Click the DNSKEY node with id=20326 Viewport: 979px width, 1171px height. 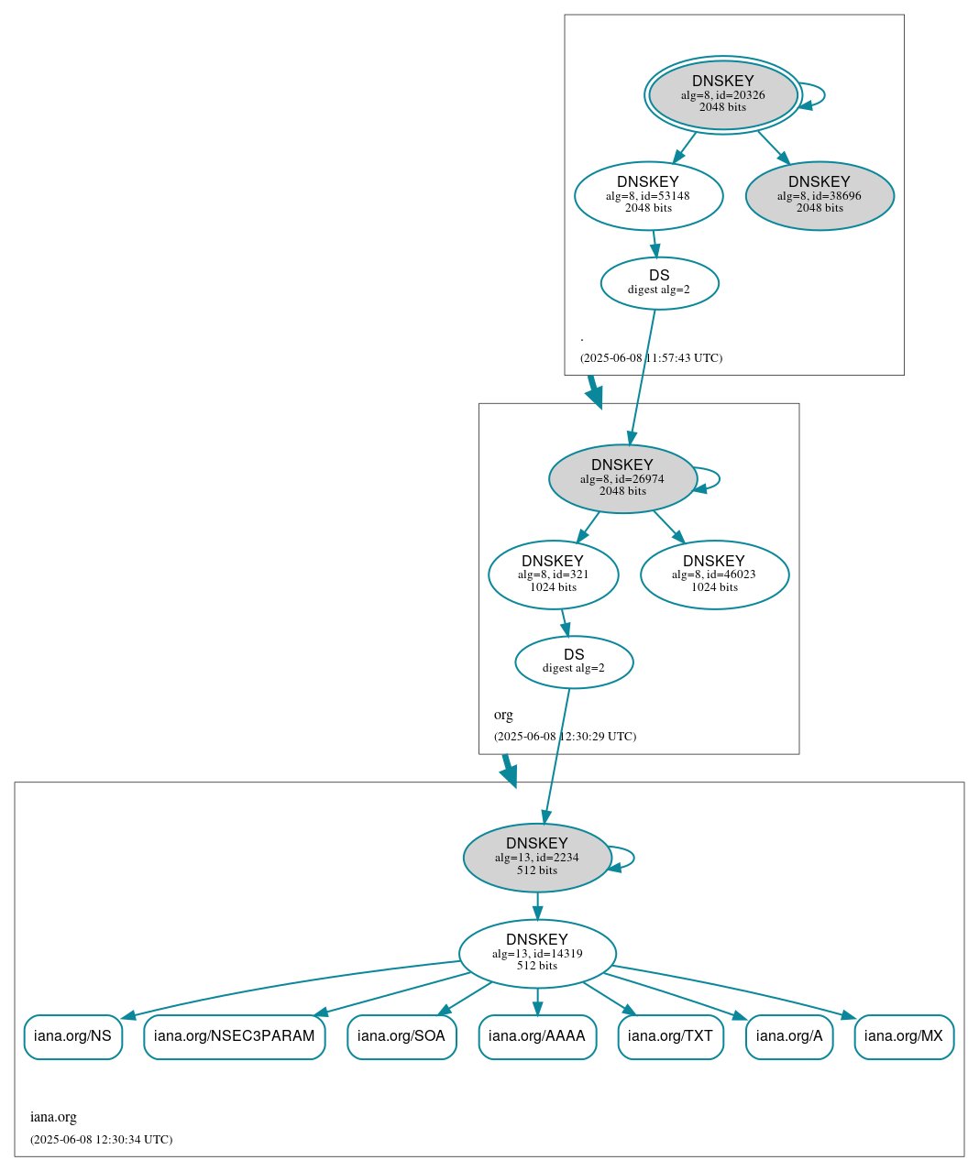click(722, 94)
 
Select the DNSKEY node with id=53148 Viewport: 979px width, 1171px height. click(648, 195)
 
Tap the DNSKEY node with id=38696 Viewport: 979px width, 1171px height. click(819, 195)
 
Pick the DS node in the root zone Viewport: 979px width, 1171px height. click(659, 283)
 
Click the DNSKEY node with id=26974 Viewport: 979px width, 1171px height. click(622, 478)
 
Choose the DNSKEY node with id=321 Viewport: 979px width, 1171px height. click(553, 575)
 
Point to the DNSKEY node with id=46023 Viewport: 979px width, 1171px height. click(714, 575)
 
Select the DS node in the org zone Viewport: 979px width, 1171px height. click(574, 662)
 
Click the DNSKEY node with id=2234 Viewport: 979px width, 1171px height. click(537, 858)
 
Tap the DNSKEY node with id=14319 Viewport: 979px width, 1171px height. click(537, 953)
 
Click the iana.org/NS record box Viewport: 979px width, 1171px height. click(72, 1036)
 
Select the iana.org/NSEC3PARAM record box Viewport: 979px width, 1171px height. click(234, 1036)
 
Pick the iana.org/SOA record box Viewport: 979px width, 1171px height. click(401, 1036)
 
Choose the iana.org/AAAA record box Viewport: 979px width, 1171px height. click(537, 1036)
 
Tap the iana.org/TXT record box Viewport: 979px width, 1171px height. click(670, 1036)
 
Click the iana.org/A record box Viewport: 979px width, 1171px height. click(789, 1036)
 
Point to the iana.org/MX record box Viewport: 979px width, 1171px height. click(904, 1036)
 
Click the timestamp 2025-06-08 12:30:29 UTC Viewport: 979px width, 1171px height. click(565, 737)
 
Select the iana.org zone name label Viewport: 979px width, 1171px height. click(53, 1117)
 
